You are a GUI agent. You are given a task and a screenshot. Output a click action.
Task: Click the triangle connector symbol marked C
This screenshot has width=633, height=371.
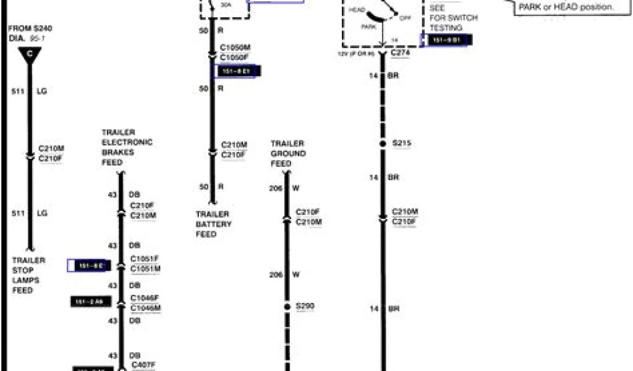(29, 55)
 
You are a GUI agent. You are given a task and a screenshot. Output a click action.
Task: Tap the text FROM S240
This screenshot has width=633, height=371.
(26, 29)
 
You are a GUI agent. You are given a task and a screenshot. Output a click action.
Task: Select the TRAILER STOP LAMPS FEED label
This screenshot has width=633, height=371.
(28, 275)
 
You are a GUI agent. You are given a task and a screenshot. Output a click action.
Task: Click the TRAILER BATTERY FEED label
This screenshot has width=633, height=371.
(213, 224)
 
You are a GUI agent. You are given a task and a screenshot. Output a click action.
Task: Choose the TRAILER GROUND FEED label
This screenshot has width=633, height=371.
(287, 153)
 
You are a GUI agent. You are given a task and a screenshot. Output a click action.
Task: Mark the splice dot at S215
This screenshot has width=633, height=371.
(383, 143)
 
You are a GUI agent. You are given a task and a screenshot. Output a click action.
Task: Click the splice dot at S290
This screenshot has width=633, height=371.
(286, 306)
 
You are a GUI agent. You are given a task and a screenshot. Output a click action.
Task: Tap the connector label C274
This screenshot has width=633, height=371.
(401, 53)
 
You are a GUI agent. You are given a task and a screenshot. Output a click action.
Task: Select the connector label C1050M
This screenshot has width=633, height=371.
(235, 48)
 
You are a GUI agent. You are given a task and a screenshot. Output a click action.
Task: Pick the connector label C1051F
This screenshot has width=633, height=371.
(145, 259)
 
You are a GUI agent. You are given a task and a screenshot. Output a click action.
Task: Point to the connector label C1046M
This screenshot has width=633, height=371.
(145, 308)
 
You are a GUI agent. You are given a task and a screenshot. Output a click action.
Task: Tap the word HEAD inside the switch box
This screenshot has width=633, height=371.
(357, 11)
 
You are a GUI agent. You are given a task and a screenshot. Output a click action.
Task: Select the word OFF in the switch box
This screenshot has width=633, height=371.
(406, 19)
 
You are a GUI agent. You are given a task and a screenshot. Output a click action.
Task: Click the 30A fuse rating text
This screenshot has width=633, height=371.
(226, 4)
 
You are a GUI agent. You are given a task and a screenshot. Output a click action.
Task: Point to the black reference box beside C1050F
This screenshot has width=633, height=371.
(236, 72)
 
